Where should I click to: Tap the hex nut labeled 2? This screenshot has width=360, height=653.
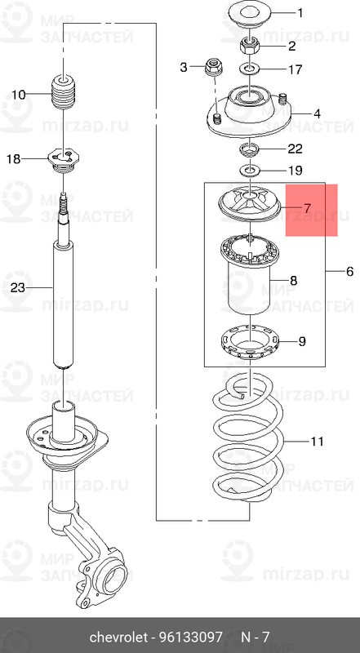[x=249, y=44]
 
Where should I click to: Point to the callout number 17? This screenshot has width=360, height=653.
[x=295, y=69]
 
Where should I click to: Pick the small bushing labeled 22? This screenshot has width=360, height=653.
[x=249, y=148]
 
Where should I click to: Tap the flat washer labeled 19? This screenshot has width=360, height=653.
[x=249, y=170]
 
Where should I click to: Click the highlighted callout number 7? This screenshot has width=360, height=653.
[x=307, y=208]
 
